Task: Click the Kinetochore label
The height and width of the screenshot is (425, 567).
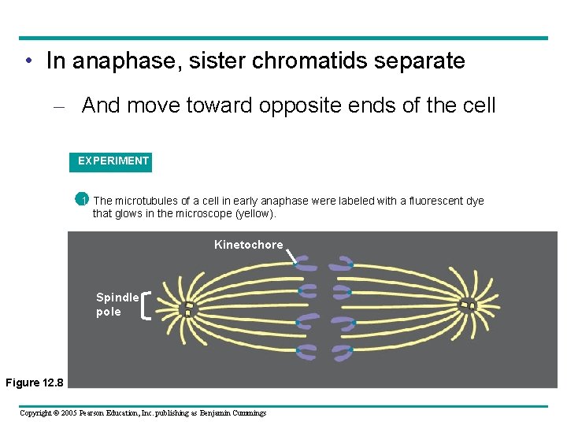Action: click(x=248, y=245)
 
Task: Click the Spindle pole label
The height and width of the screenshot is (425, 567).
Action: click(x=117, y=305)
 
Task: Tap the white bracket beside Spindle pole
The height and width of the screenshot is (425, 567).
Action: click(x=147, y=305)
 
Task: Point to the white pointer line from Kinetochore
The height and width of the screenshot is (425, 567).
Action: click(x=290, y=256)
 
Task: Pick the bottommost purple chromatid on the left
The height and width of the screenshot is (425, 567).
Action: click(x=306, y=352)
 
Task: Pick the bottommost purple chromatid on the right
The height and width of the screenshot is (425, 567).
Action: click(x=342, y=352)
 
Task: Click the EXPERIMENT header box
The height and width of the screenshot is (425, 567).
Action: click(x=113, y=161)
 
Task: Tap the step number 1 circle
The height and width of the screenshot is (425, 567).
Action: click(x=82, y=201)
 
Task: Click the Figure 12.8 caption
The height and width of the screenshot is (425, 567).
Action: click(x=33, y=382)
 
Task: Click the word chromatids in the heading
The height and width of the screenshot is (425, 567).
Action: click(x=319, y=61)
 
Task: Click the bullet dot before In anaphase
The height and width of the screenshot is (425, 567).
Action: click(x=28, y=61)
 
